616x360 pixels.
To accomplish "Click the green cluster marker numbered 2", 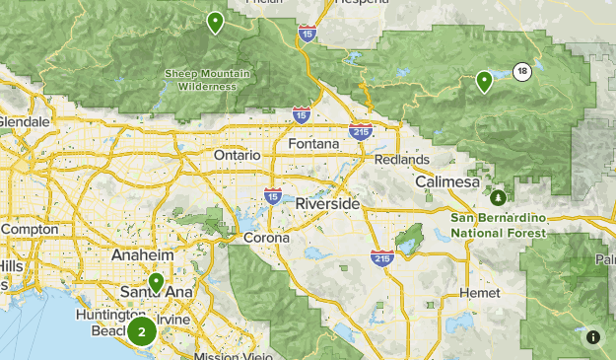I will click(x=142, y=332).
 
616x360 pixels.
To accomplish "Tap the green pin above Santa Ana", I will click(x=156, y=283).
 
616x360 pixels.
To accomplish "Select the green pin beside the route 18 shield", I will click(x=484, y=81).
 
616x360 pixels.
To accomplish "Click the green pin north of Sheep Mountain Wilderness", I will click(x=215, y=22).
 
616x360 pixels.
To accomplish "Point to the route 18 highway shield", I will click(x=521, y=70).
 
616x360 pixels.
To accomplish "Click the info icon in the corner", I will click(x=593, y=337).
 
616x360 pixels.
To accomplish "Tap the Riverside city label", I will click(x=327, y=203).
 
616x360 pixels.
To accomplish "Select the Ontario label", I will click(x=237, y=155).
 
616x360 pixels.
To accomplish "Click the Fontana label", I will click(x=313, y=144).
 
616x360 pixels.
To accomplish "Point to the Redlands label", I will click(x=401, y=160).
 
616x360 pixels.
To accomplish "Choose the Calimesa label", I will click(x=446, y=182).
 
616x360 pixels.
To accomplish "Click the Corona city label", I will click(x=267, y=238).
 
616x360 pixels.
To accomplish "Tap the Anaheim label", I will click(x=143, y=254).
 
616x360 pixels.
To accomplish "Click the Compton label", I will click(x=30, y=229).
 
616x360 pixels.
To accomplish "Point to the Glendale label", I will click(x=22, y=121).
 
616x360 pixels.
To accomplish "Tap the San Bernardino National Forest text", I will click(x=498, y=226).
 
